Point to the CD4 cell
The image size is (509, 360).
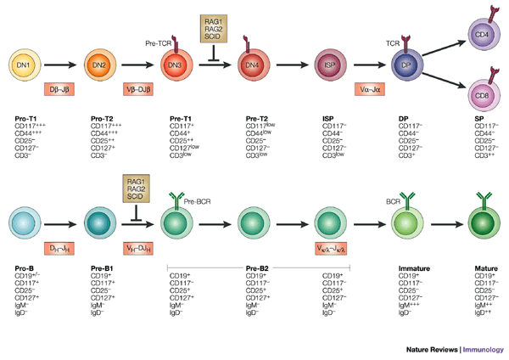click(x=480, y=35)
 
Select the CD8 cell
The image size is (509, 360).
click(x=480, y=91)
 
